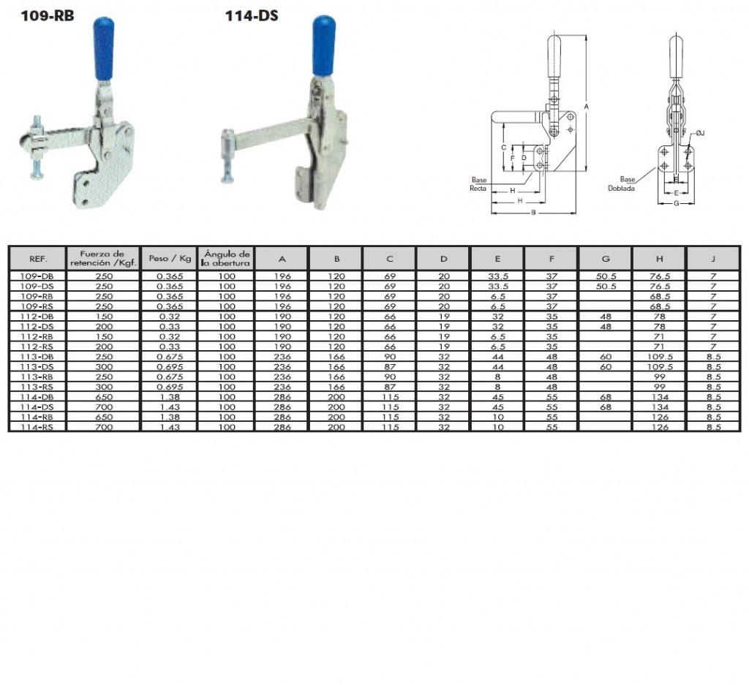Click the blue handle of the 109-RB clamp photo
[105, 49]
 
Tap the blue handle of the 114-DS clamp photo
[324, 46]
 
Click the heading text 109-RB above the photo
[48, 16]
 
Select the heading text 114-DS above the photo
[252, 16]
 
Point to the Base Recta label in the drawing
[478, 184]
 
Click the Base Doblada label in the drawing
[622, 183]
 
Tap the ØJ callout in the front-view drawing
[700, 133]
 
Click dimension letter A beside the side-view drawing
[586, 107]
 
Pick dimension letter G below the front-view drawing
[677, 203]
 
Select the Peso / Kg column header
[170, 258]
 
